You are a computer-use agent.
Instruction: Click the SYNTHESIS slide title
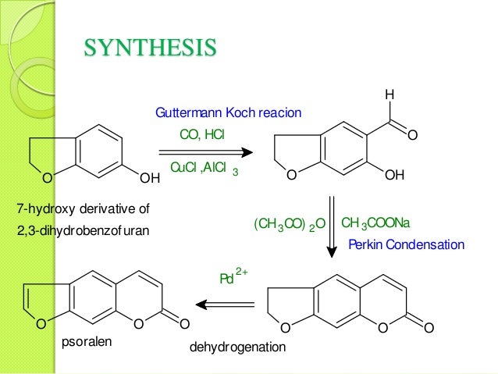pyautogui.click(x=150, y=49)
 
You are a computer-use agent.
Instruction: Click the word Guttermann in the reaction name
pyautogui.click(x=183, y=113)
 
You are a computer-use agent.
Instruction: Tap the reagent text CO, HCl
pyautogui.click(x=201, y=135)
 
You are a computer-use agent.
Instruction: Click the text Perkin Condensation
pyautogui.click(x=405, y=245)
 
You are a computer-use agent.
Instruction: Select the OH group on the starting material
pyautogui.click(x=148, y=178)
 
